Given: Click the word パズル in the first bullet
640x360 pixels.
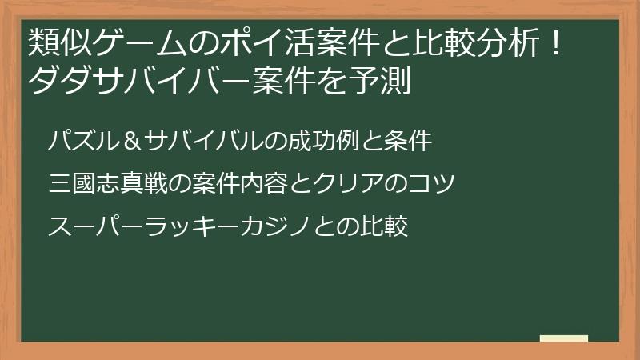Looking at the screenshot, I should (x=83, y=142).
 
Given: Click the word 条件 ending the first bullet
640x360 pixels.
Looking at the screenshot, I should (x=409, y=142).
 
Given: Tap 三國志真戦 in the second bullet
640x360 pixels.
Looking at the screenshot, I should (x=106, y=184).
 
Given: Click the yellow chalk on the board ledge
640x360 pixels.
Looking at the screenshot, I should (x=563, y=338).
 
